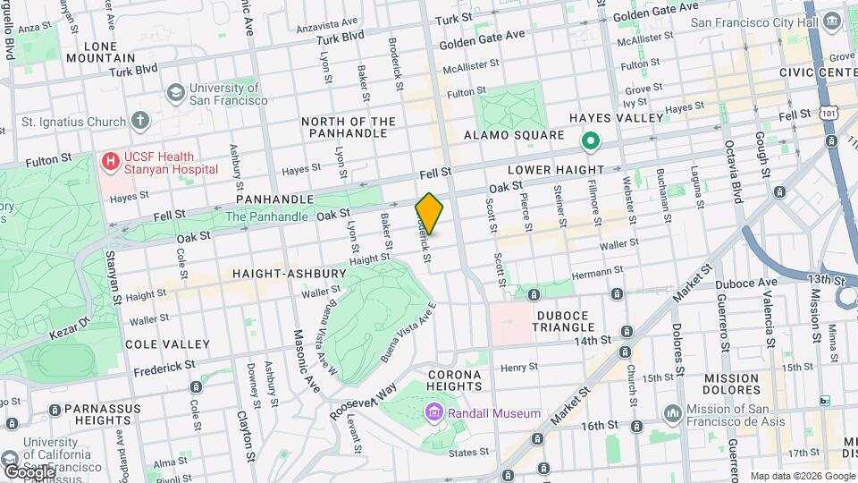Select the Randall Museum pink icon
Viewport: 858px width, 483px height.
tap(434, 413)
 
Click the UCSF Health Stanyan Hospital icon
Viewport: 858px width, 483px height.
tap(111, 162)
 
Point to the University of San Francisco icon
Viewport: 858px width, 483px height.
tap(175, 93)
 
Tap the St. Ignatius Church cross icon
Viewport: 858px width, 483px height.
tap(139, 120)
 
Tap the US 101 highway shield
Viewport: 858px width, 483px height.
tap(829, 114)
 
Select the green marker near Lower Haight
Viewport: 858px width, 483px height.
tap(589, 140)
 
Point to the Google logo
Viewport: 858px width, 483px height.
tap(29, 471)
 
